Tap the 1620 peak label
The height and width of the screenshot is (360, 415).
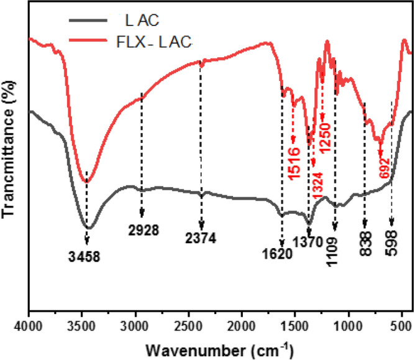point(276,254)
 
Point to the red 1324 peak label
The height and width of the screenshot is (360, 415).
point(318,185)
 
